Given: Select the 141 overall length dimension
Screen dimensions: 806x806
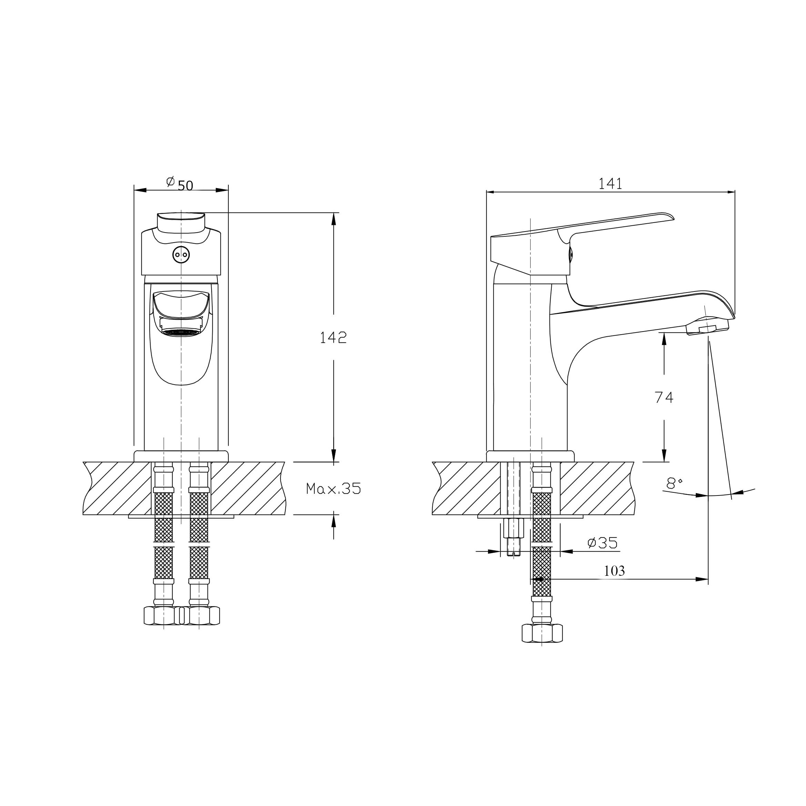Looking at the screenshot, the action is click(610, 184).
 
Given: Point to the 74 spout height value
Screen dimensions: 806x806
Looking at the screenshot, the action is click(664, 397).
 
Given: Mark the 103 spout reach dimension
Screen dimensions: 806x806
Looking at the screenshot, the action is click(614, 571).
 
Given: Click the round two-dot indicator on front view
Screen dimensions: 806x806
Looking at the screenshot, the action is click(181, 255).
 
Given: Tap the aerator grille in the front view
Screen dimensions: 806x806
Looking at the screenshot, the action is click(181, 333).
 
